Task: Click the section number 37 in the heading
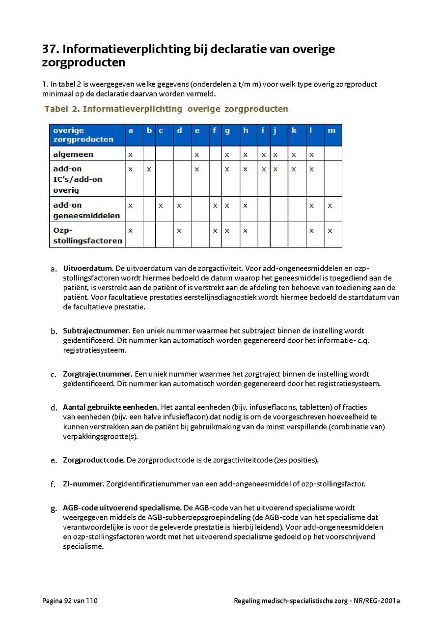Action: pyautogui.click(x=50, y=49)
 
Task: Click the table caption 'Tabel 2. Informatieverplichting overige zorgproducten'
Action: pyautogui.click(x=166, y=109)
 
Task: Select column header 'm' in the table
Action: pyautogui.click(x=331, y=130)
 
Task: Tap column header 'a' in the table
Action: pyautogui.click(x=131, y=130)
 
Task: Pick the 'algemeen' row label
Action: pyautogui.click(x=73, y=154)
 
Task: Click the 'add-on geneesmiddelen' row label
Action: pyautogui.click(x=86, y=210)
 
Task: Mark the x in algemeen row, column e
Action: pyautogui.click(x=197, y=155)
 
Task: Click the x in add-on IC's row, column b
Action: pyautogui.click(x=149, y=169)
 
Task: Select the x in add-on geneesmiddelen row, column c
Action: pyautogui.click(x=161, y=206)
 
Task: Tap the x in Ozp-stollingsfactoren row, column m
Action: pyautogui.click(x=330, y=231)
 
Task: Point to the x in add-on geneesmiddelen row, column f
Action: pyautogui.click(x=215, y=206)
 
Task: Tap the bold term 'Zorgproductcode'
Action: pyautogui.click(x=93, y=460)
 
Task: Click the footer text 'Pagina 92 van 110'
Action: pyautogui.click(x=70, y=600)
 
